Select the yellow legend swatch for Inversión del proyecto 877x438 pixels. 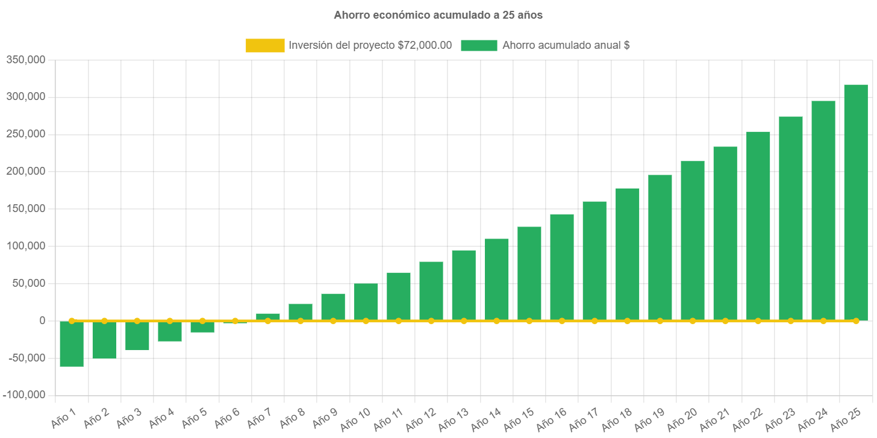[x=265, y=46]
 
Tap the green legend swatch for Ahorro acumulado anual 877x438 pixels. [x=479, y=46]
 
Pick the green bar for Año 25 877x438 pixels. [x=855, y=202]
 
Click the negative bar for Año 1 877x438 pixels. [x=72, y=344]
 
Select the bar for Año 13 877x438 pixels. [x=464, y=285]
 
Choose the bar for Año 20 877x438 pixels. [x=693, y=240]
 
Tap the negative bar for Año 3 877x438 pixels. [x=137, y=336]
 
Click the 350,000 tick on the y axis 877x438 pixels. [x=26, y=60]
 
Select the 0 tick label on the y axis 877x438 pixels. [x=42, y=321]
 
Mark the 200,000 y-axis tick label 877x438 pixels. [x=26, y=171]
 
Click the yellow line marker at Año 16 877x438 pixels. [x=562, y=321]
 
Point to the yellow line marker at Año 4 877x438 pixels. [x=170, y=321]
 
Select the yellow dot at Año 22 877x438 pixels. [x=758, y=321]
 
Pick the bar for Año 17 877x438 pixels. [x=595, y=261]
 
